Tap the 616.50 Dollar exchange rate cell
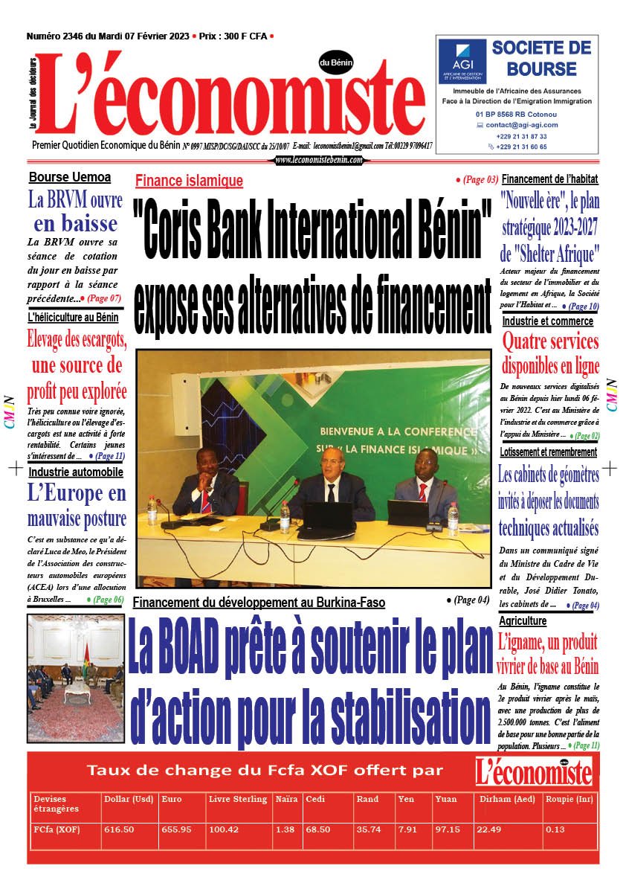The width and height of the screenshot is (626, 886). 119,829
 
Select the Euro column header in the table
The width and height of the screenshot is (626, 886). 171,799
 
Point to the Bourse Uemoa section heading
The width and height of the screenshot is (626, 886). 69,177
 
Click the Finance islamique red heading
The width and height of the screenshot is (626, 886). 189,181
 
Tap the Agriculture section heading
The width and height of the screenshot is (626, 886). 523,620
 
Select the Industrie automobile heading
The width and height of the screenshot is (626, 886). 76,472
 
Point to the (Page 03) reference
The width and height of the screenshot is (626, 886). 477,180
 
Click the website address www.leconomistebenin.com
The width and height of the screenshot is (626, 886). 319,159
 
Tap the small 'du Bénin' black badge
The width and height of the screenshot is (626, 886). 336,62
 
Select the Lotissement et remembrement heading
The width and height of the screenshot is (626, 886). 549,452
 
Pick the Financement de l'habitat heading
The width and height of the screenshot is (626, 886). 549,179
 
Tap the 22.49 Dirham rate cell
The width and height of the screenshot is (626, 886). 488,829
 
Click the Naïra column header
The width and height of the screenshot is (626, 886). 286,799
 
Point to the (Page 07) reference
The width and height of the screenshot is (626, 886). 105,298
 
